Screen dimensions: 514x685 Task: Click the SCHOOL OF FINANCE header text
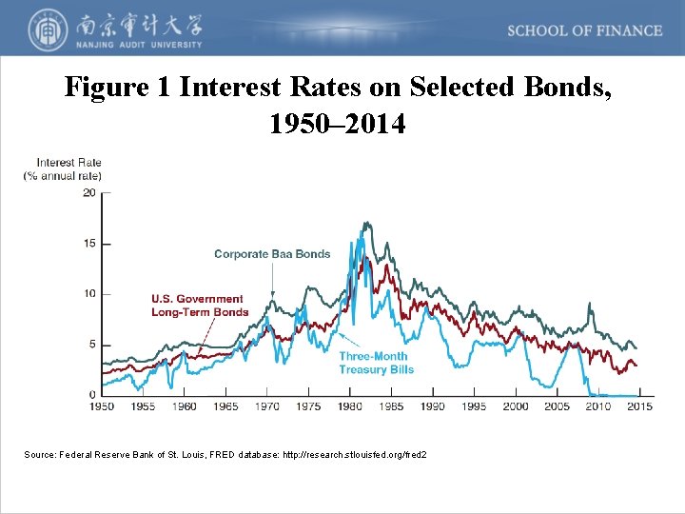pyautogui.click(x=584, y=30)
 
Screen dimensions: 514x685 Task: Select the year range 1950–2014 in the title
pyautogui.click(x=339, y=124)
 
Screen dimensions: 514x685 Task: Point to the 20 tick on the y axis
pyautogui.click(x=89, y=192)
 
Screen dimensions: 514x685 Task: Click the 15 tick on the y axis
pyautogui.click(x=89, y=243)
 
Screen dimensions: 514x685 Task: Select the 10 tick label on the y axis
pyautogui.click(x=89, y=293)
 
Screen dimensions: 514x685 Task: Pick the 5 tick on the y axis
pyautogui.click(x=91, y=344)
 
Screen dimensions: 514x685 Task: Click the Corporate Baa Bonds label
pyautogui.click(x=272, y=254)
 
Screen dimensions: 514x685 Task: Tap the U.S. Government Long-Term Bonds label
pyautogui.click(x=200, y=306)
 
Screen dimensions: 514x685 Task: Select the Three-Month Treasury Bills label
pyautogui.click(x=376, y=364)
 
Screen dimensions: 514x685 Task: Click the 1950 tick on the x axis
pyautogui.click(x=102, y=406)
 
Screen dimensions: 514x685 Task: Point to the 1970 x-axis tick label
pyautogui.click(x=267, y=406)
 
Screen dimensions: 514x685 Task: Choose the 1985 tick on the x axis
pyautogui.click(x=391, y=406)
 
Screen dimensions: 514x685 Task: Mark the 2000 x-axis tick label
pyautogui.click(x=516, y=406)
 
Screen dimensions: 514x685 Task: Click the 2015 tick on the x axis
pyautogui.click(x=639, y=406)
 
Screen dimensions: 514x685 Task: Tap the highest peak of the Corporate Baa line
pyautogui.click(x=365, y=223)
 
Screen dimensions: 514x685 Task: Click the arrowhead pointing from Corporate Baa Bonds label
pyautogui.click(x=273, y=296)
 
